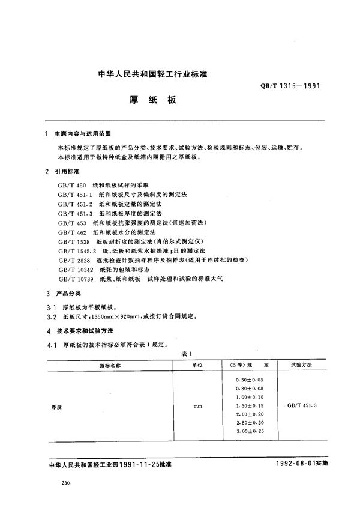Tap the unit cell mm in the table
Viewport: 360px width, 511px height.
coord(197,407)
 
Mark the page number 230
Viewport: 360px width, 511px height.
coord(58,484)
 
